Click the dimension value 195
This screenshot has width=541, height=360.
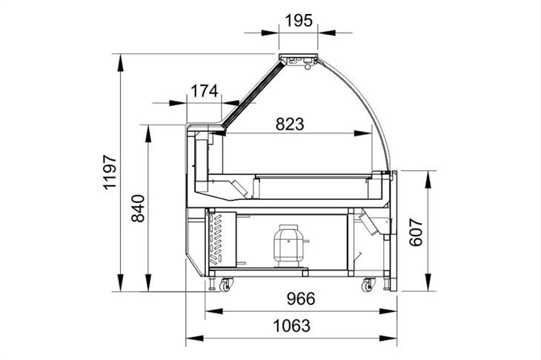pos(299,20)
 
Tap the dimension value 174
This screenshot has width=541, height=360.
pos(205,91)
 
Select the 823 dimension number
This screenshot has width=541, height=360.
pos(290,124)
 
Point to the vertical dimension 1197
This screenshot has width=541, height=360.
pos(110,173)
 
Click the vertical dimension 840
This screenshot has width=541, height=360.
pos(139,208)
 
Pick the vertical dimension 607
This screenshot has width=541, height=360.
pos(416,232)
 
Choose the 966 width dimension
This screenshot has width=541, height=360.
pos(301,299)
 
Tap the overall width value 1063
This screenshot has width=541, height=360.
pos(292,326)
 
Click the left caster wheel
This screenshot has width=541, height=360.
pos(225,285)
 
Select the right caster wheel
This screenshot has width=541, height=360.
pos(368,285)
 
